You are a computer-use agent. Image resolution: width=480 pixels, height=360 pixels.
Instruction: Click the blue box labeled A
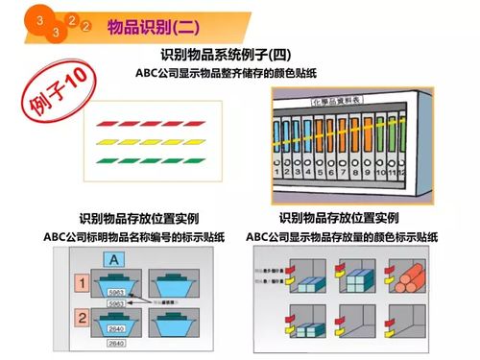[x=114, y=258]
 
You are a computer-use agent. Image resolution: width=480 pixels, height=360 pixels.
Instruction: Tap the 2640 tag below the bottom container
[x=115, y=343]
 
